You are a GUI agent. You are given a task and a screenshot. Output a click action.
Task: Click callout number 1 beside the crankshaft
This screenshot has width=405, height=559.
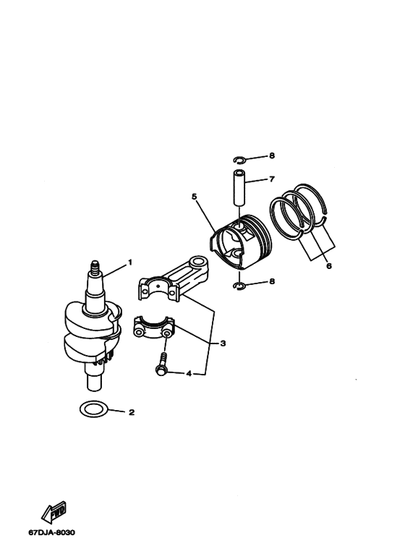pyautogui.click(x=130, y=261)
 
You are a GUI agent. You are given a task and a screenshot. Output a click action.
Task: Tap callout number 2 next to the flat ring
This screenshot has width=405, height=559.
pyautogui.click(x=131, y=413)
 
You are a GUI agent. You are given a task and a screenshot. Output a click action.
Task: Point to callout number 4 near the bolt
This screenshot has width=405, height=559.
pyautogui.click(x=189, y=374)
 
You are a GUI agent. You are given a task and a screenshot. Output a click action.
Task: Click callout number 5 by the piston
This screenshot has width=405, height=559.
pyautogui.click(x=194, y=196)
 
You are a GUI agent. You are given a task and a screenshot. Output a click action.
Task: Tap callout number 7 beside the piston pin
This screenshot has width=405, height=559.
pyautogui.click(x=271, y=179)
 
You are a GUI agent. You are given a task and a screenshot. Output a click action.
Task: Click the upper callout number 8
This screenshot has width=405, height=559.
pyautogui.click(x=271, y=155)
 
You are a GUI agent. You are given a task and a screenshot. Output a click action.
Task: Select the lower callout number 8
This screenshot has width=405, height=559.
pyautogui.click(x=271, y=283)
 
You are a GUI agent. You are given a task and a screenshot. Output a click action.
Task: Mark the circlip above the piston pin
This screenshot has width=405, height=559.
pyautogui.click(x=242, y=160)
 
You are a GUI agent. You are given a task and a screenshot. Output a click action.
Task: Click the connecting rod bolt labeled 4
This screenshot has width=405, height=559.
pyautogui.click(x=161, y=362)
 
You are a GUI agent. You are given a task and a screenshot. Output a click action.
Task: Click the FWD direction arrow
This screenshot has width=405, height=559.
pyautogui.click(x=53, y=513)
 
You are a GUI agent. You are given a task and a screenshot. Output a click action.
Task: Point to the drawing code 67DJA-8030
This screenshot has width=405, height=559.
pyautogui.click(x=51, y=533)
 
